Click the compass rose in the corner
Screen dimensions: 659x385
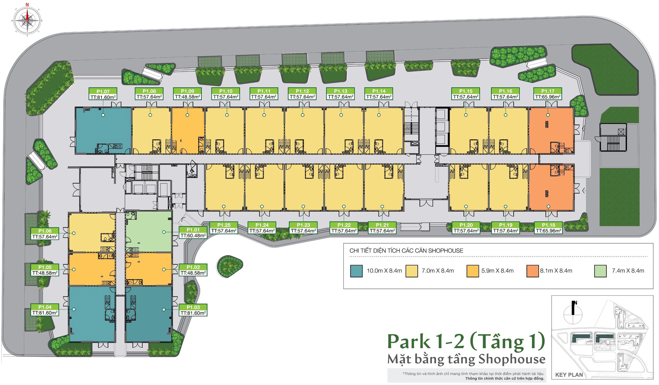[x=27, y=20]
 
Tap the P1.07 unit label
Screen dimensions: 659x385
[x=103, y=94]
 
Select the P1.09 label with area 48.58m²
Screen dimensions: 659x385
[x=187, y=94]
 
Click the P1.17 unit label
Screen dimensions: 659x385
[x=548, y=94]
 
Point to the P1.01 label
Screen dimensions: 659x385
[x=193, y=233]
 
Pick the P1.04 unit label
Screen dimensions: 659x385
[x=45, y=310]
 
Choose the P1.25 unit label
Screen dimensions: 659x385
[x=224, y=228]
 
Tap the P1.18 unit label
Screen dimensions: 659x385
[x=548, y=228]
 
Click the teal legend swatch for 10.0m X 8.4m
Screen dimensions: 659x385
[x=356, y=271]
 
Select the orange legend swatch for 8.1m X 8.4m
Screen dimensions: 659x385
[x=532, y=271]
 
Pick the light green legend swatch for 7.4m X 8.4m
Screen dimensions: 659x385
[x=600, y=271]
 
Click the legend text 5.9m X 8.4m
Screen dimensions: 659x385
[x=497, y=271]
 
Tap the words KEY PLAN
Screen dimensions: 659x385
[x=569, y=375]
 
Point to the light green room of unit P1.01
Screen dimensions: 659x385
[x=149, y=232]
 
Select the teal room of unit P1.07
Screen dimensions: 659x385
[x=103, y=130]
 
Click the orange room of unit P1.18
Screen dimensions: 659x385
[x=551, y=187]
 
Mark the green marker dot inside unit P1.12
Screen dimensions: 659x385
[x=303, y=115]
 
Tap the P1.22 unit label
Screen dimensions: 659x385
[x=344, y=228]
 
